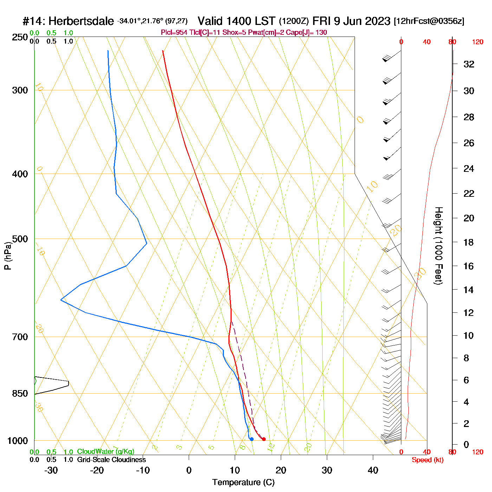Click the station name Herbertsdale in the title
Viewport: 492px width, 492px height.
coord(81,21)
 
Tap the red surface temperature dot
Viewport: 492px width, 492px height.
coord(264,439)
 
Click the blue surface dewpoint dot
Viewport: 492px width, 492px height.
coord(252,439)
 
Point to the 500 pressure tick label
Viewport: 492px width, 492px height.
coord(20,239)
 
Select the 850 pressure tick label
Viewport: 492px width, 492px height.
coord(20,394)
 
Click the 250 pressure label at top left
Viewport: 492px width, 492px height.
coord(20,37)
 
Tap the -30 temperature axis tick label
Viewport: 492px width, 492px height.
coord(51,470)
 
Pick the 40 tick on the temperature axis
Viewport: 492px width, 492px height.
coord(373,470)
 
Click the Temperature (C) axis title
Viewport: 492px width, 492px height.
coord(243,483)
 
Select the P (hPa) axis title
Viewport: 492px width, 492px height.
coord(8,255)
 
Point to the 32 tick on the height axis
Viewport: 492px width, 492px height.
coord(469,64)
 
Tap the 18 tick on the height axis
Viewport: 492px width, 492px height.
coord(469,242)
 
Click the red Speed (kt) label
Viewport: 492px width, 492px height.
coord(427,460)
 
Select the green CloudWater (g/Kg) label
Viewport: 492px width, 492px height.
coord(105,452)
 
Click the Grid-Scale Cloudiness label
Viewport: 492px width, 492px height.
coord(111,460)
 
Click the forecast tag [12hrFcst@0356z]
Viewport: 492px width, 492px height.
coord(429,21)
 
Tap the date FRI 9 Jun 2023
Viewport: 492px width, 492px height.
coord(351,21)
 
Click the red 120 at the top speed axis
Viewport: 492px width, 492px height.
coord(478,42)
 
